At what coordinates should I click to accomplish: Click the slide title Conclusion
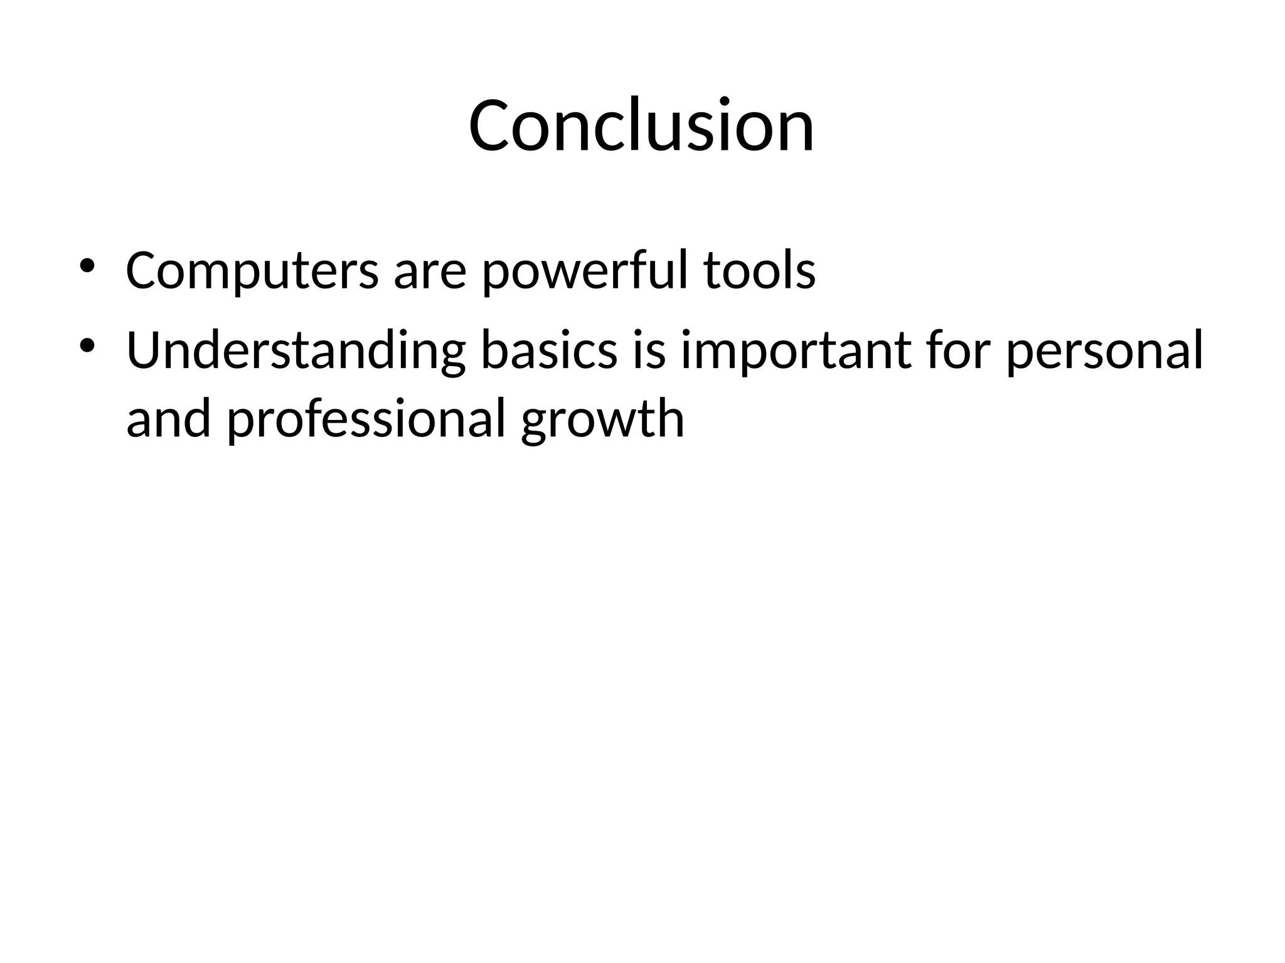(641, 125)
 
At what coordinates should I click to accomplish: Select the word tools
(759, 271)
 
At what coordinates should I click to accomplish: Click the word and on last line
(168, 420)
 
